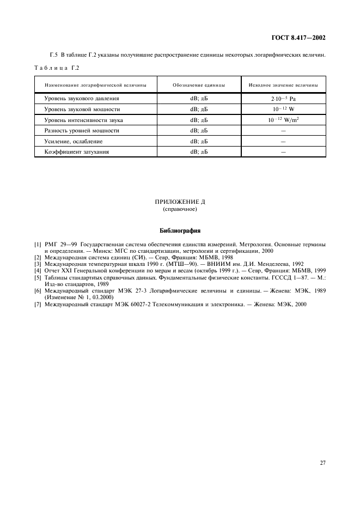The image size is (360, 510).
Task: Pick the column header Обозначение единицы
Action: [199, 86]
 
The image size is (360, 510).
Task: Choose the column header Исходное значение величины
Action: [283, 86]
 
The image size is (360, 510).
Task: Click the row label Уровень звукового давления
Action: [82, 99]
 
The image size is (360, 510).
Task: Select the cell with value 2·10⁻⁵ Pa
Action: [283, 99]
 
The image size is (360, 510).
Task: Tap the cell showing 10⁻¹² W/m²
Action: [283, 120]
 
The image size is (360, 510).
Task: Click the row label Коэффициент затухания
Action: [77, 151]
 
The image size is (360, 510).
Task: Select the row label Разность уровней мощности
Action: [82, 131]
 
